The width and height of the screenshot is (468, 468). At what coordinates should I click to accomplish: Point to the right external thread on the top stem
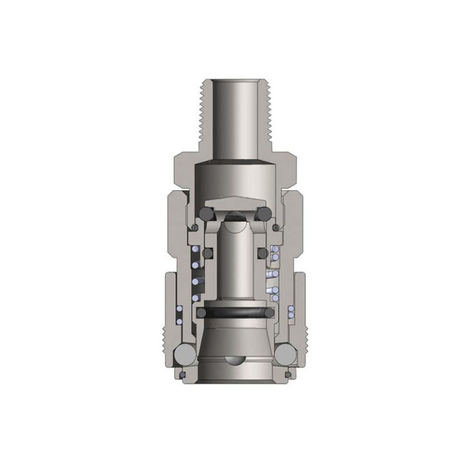[271, 116]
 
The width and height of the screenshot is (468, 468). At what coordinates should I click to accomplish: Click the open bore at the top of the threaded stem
[234, 82]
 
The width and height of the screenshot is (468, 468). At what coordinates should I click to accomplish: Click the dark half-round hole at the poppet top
[235, 216]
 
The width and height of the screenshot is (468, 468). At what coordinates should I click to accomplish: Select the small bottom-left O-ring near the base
[181, 373]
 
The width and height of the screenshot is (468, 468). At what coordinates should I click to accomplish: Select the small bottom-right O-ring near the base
[287, 373]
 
